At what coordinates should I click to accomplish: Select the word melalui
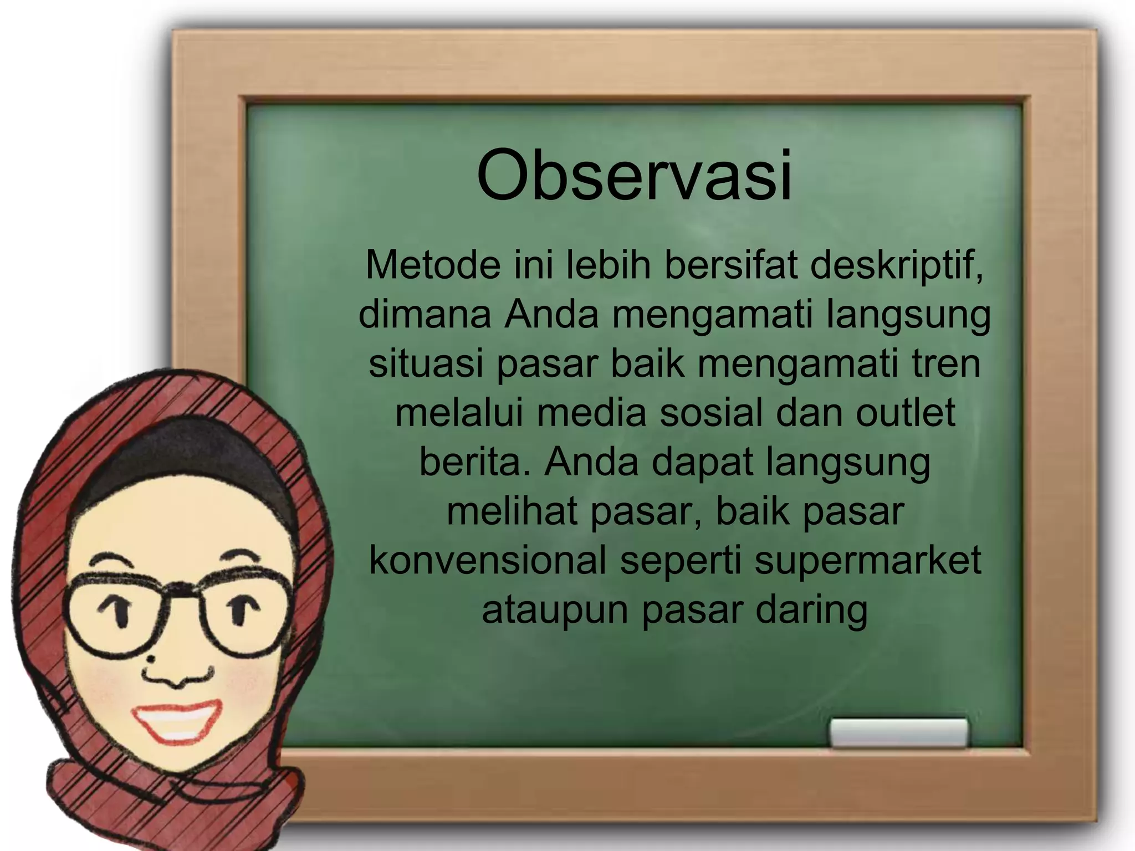(x=459, y=413)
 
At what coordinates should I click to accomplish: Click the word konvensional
(x=488, y=560)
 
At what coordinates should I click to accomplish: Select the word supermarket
(x=868, y=561)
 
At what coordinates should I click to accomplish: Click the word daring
(x=811, y=611)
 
